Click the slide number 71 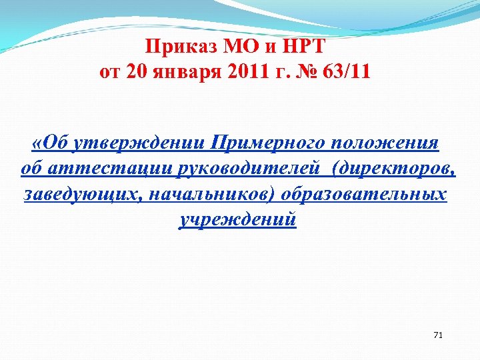click(x=438, y=334)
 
